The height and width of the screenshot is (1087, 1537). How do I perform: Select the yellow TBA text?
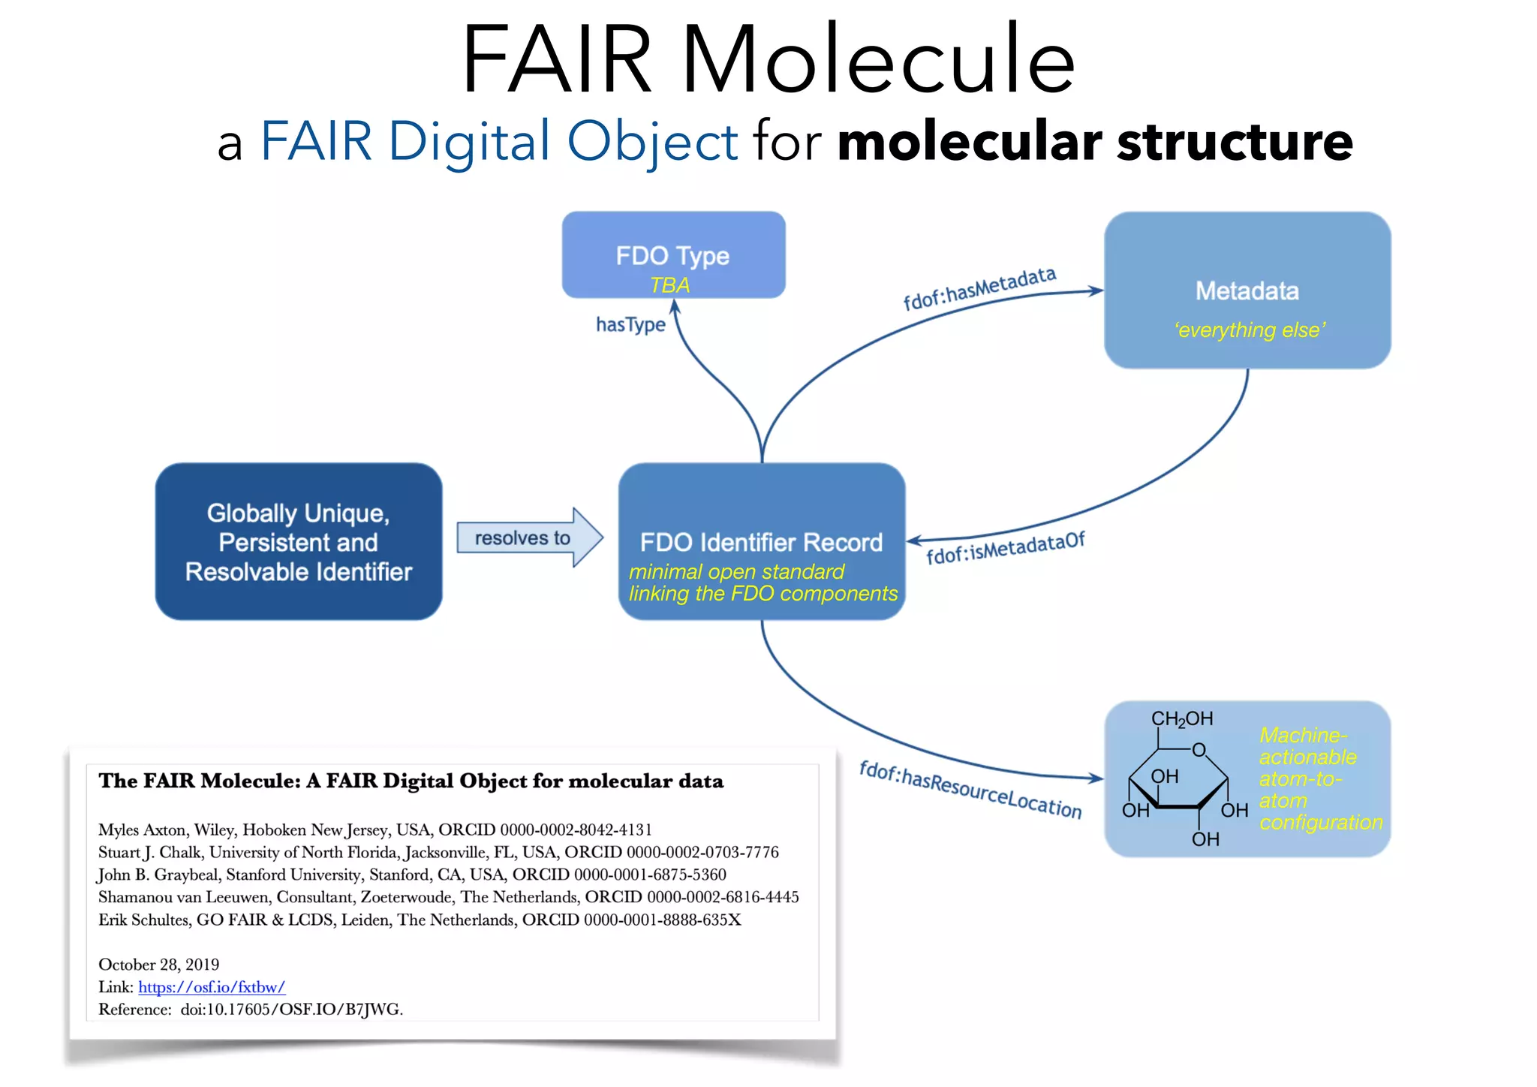tap(669, 285)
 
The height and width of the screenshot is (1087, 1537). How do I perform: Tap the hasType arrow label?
tap(630, 324)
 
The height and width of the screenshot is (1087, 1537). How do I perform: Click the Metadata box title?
tap(1247, 291)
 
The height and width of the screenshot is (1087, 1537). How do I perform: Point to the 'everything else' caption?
tap(1250, 330)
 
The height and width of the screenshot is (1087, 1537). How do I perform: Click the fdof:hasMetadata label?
tap(979, 288)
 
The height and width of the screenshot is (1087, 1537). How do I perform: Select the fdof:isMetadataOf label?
tap(1005, 548)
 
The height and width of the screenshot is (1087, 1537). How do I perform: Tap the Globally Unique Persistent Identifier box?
tap(298, 541)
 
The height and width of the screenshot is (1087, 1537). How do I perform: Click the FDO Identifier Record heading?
tap(761, 542)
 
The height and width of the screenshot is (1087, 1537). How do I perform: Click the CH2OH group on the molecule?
tap(1181, 719)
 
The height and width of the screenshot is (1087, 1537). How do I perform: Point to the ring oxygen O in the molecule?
tap(1199, 750)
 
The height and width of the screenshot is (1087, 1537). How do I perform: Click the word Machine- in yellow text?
tap(1303, 735)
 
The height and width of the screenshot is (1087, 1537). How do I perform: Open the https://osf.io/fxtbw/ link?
tap(212, 987)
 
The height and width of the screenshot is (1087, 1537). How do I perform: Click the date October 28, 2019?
tap(159, 965)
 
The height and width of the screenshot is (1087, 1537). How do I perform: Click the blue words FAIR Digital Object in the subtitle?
tap(499, 141)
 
